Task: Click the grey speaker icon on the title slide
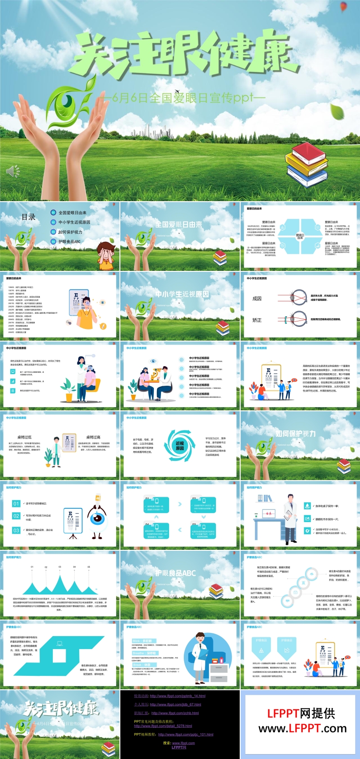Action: (13, 171)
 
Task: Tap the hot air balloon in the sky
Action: (343, 7)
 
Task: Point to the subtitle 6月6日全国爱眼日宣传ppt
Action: (183, 97)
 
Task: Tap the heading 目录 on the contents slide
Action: (29, 217)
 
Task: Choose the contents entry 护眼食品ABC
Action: (69, 241)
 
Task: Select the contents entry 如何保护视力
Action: (70, 232)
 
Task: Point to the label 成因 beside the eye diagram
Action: (257, 299)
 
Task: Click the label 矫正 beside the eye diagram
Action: (257, 320)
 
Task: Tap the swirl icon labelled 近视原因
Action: (179, 446)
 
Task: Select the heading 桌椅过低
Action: (25, 437)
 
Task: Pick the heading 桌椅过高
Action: (93, 437)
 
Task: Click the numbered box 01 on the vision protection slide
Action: (16, 504)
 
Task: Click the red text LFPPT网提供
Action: (301, 713)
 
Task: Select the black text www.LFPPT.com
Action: (302, 729)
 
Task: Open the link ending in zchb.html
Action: (175, 713)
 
